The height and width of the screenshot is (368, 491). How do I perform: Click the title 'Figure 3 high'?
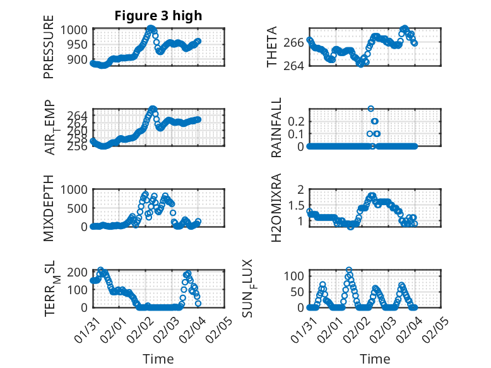click(x=158, y=16)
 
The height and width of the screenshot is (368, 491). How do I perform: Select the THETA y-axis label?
click(x=272, y=48)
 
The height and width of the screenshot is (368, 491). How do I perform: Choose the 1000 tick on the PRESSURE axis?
click(x=78, y=30)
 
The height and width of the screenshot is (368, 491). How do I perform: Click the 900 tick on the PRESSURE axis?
click(x=81, y=59)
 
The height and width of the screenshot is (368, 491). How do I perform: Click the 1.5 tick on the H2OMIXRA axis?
click(x=297, y=205)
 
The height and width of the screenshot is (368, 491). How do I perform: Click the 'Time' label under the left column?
click(x=158, y=359)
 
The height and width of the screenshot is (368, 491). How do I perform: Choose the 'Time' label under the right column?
click(x=375, y=359)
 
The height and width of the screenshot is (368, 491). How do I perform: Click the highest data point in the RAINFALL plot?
click(x=371, y=109)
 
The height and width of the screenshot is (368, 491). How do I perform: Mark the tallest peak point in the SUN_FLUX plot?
click(x=349, y=270)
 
